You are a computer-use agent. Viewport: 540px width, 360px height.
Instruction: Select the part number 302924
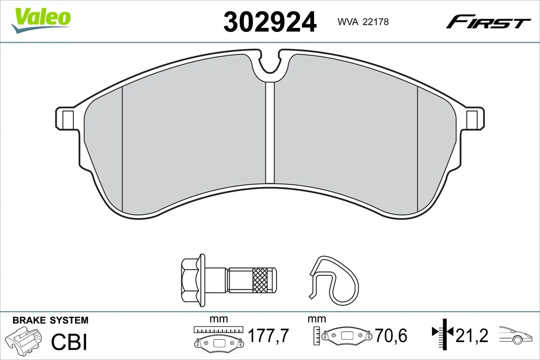[270, 22]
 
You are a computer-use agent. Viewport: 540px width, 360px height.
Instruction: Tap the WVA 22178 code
[363, 22]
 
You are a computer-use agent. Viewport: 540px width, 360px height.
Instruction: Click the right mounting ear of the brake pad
[475, 119]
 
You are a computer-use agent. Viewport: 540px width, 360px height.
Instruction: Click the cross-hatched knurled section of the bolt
[261, 280]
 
